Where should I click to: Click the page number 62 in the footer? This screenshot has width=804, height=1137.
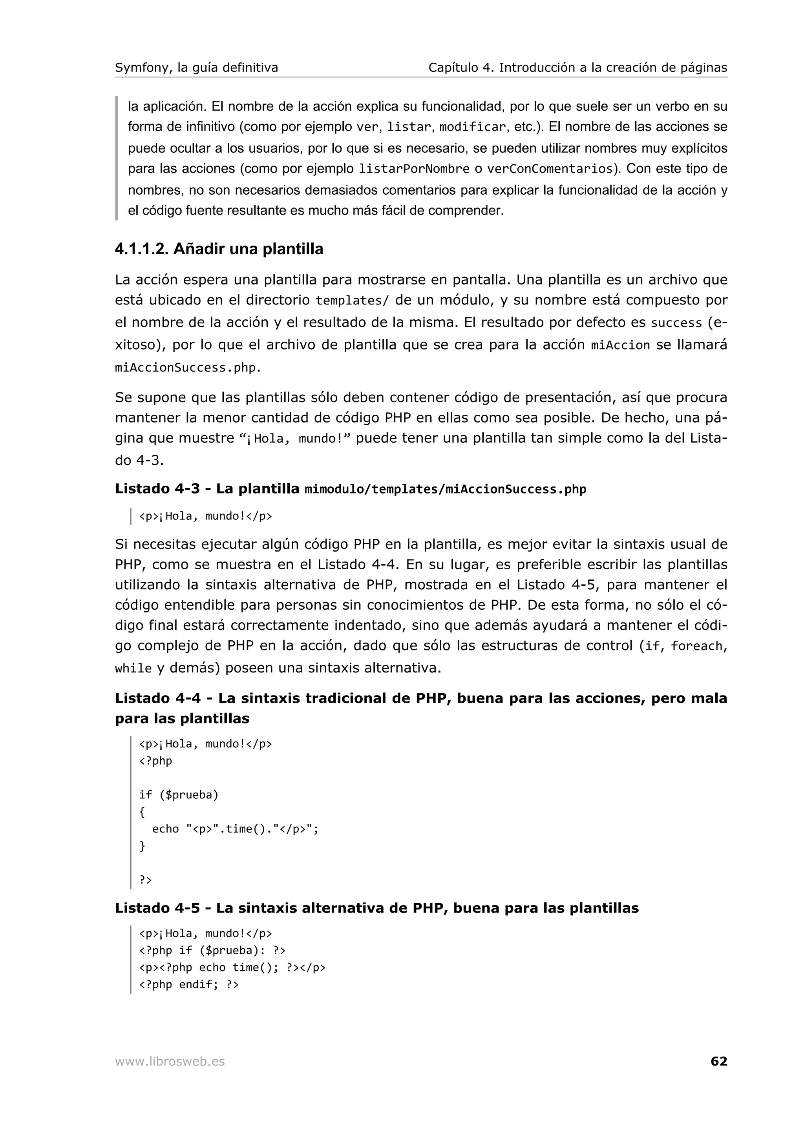click(718, 1061)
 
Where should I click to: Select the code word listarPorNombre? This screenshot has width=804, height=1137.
click(414, 169)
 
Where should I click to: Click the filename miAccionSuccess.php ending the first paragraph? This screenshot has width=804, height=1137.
click(186, 368)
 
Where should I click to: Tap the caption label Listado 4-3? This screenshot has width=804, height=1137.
click(157, 489)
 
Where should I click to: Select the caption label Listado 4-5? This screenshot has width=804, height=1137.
click(157, 908)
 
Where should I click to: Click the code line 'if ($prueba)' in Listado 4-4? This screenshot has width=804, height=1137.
click(178, 795)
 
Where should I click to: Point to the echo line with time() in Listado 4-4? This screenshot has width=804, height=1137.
click(235, 829)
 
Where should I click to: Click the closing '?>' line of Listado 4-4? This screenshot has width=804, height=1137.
click(145, 880)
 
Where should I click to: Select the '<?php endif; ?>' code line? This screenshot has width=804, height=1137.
click(189, 984)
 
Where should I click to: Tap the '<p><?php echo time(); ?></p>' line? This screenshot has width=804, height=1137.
click(232, 967)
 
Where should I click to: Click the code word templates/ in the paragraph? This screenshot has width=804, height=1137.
click(352, 301)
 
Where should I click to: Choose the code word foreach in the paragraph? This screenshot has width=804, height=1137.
click(696, 646)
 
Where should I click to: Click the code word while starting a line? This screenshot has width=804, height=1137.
click(133, 669)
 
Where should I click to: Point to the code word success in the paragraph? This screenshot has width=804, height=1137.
click(676, 323)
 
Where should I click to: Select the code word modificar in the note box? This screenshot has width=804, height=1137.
click(473, 127)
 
